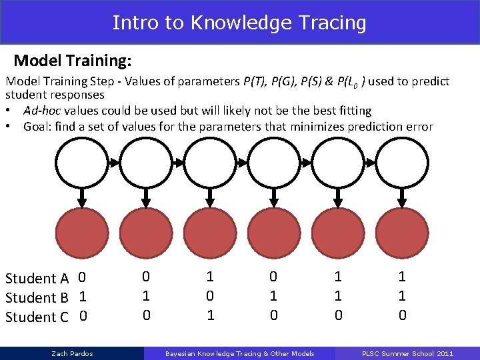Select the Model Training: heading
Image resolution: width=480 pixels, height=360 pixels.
[x=72, y=61]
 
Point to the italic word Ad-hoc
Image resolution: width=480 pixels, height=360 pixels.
[x=44, y=111]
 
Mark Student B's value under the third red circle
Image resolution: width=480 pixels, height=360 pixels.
[x=210, y=295]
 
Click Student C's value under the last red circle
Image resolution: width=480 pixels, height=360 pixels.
[x=402, y=315]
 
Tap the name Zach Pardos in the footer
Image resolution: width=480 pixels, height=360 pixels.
[x=72, y=353]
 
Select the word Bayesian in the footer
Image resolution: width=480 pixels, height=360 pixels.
[x=179, y=353]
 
